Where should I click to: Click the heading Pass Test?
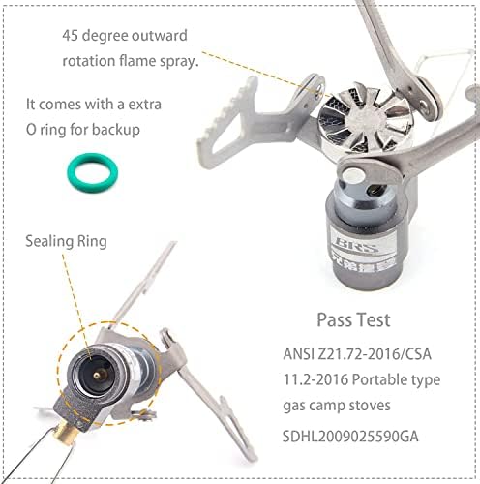[355, 318]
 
